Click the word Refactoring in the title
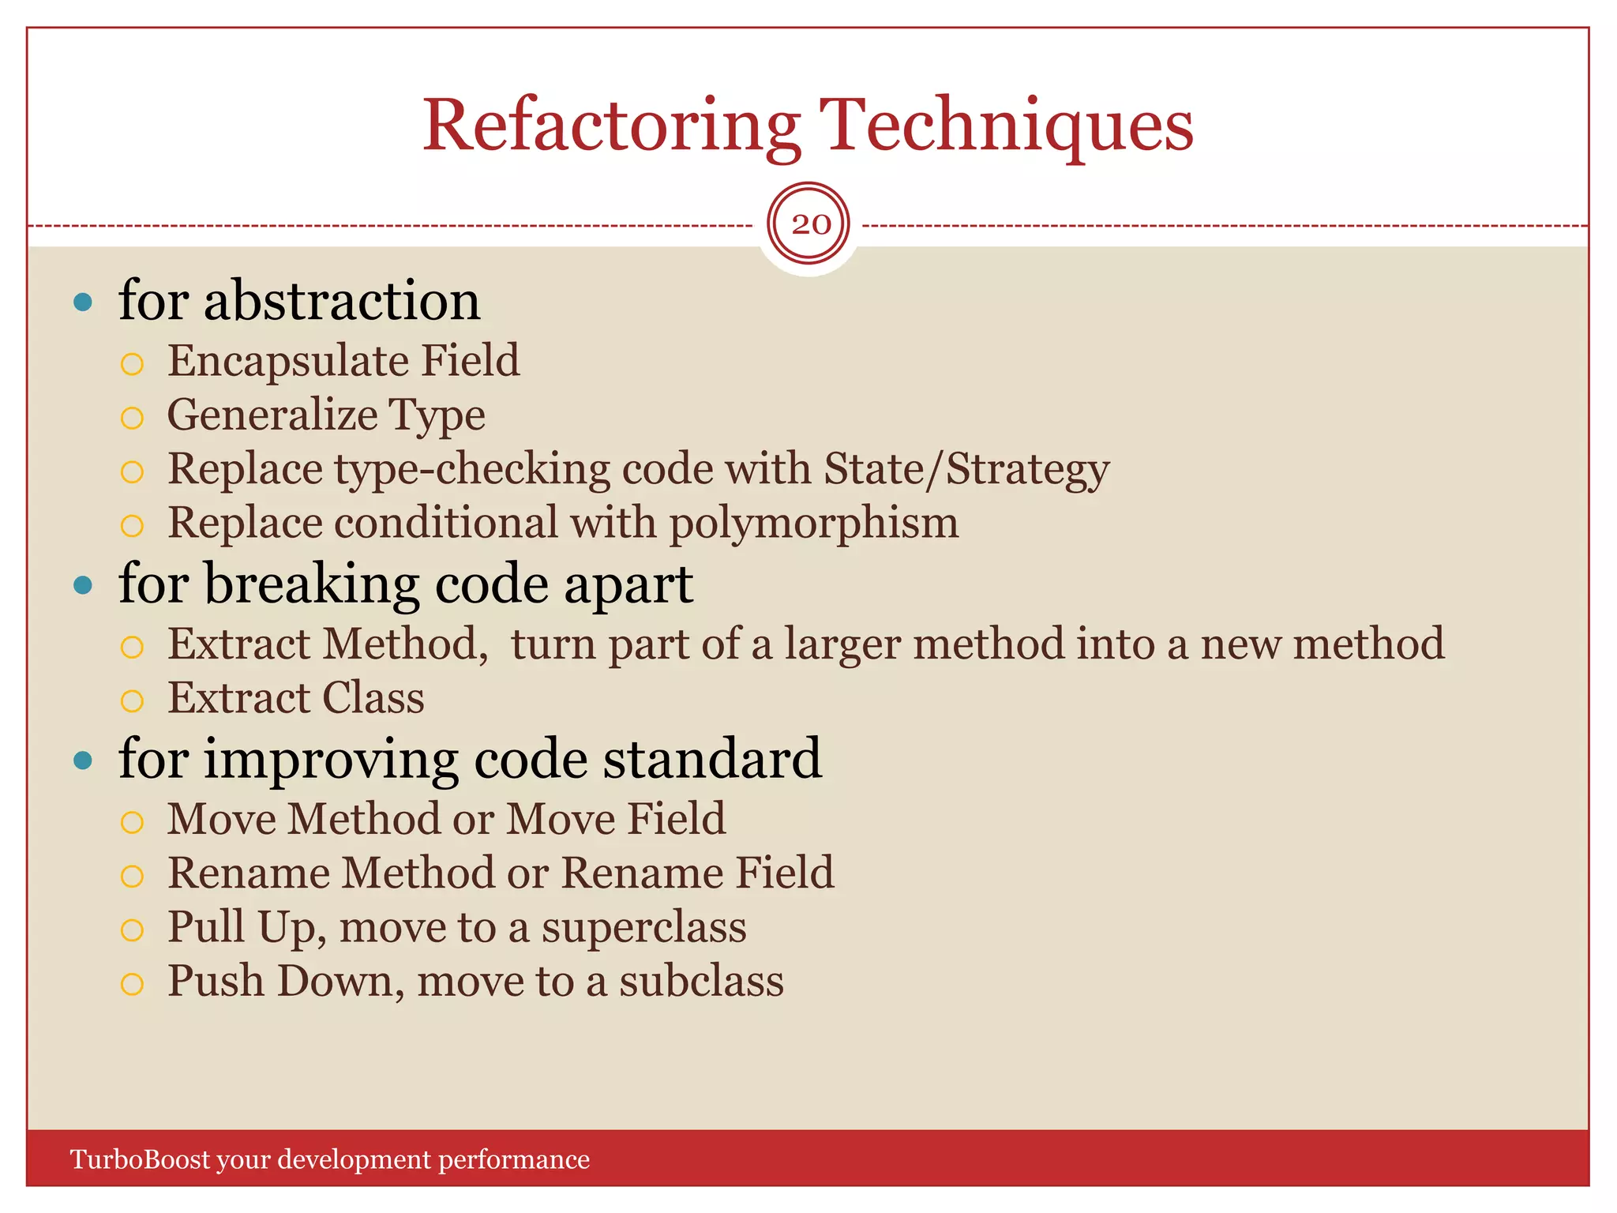(x=612, y=126)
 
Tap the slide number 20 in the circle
(x=810, y=224)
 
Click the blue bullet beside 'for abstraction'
(x=83, y=302)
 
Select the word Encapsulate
(x=287, y=362)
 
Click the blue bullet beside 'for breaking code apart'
(x=83, y=585)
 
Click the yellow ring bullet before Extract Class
(x=132, y=700)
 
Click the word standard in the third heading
(x=712, y=759)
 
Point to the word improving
(x=331, y=759)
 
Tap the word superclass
(x=643, y=927)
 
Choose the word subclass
(x=701, y=982)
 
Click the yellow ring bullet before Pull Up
(x=132, y=930)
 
